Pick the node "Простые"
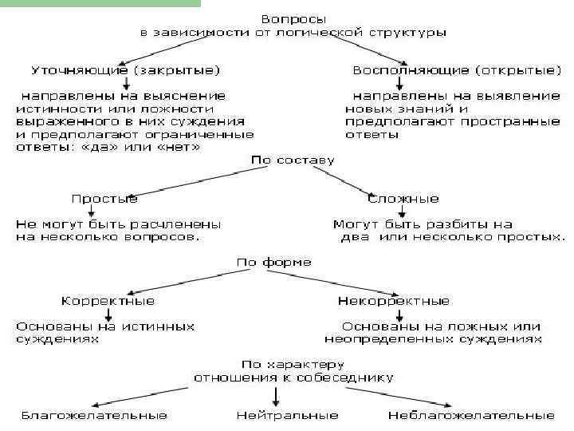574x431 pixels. click(104, 198)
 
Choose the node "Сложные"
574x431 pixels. click(404, 198)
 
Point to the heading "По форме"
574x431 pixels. click(274, 262)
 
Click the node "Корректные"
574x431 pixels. click(108, 301)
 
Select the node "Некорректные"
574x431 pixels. click(394, 301)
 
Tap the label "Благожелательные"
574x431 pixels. click(94, 416)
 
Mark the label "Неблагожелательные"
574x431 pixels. click(470, 416)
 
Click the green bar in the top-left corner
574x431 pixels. click(100, 3)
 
